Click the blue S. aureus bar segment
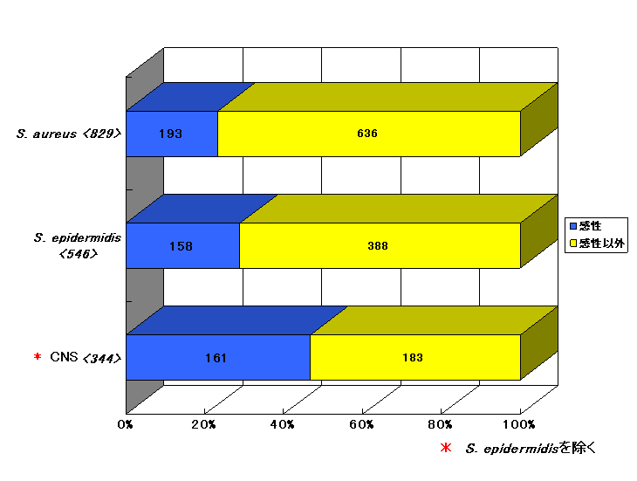click(x=172, y=134)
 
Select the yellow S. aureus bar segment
click(x=369, y=134)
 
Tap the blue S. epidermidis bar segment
click(x=183, y=245)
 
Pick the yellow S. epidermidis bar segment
click(x=380, y=245)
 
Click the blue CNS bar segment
click(x=218, y=358)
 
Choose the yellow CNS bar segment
click(x=415, y=358)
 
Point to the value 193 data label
click(x=170, y=134)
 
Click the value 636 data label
click(x=367, y=134)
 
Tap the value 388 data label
click(x=378, y=246)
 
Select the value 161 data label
click(x=216, y=358)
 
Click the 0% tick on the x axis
click(x=125, y=424)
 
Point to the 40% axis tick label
click(x=282, y=424)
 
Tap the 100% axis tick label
click(x=519, y=424)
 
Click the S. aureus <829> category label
click(x=69, y=134)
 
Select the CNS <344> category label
click(x=86, y=358)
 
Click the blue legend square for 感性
click(x=573, y=226)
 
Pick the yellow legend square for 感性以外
click(x=573, y=244)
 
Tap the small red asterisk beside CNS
click(x=38, y=356)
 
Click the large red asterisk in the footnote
click(x=446, y=448)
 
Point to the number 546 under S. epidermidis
click(x=79, y=254)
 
